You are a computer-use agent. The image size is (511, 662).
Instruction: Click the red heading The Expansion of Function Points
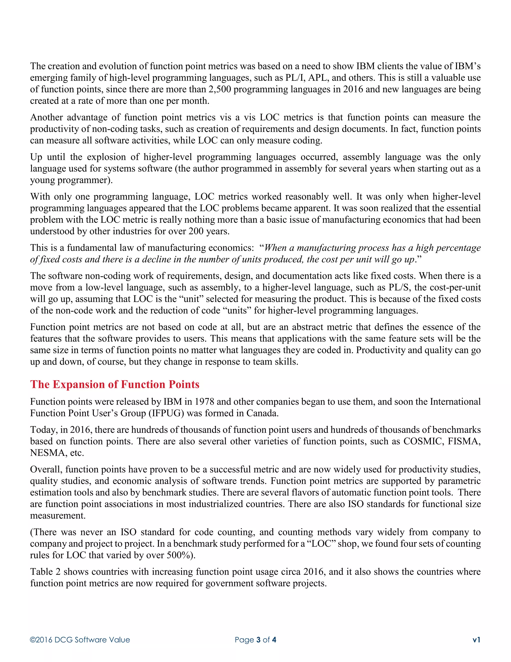[x=115, y=384]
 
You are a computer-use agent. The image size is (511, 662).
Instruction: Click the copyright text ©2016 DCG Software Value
[x=80, y=640]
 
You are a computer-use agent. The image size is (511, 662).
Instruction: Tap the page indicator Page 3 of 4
[x=255, y=640]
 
